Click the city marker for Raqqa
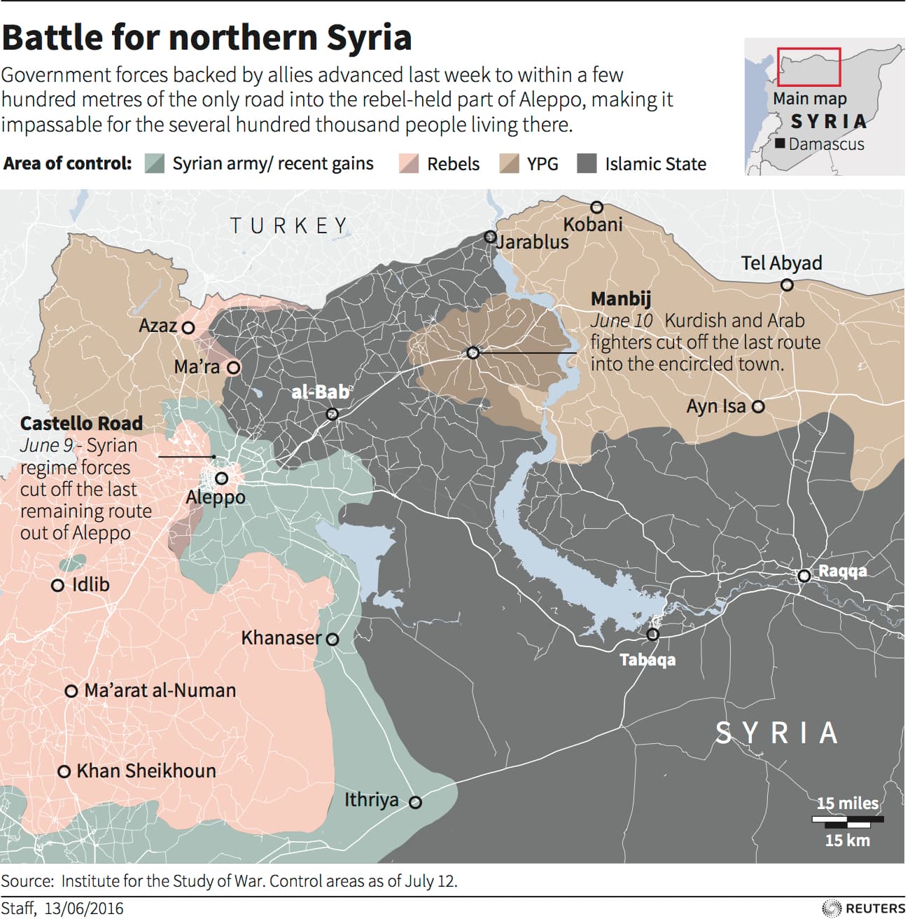tap(804, 576)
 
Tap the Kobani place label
tap(592, 224)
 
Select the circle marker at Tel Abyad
tap(787, 284)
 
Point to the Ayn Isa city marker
tap(758, 406)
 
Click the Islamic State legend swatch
tap(587, 164)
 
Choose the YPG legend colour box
tap(509, 164)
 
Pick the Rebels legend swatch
tap(409, 164)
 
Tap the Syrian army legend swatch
tap(154, 164)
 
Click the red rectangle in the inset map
tap(808, 67)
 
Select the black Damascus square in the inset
tap(780, 144)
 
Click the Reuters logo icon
tap(831, 908)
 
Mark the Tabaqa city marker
tap(652, 635)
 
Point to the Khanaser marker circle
tap(332, 639)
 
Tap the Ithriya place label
tap(371, 799)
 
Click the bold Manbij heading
tap(620, 299)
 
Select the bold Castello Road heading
tap(81, 423)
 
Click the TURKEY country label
tap(289, 226)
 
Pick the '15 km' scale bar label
tap(847, 840)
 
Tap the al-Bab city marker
tap(332, 414)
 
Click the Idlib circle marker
tap(58, 585)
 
